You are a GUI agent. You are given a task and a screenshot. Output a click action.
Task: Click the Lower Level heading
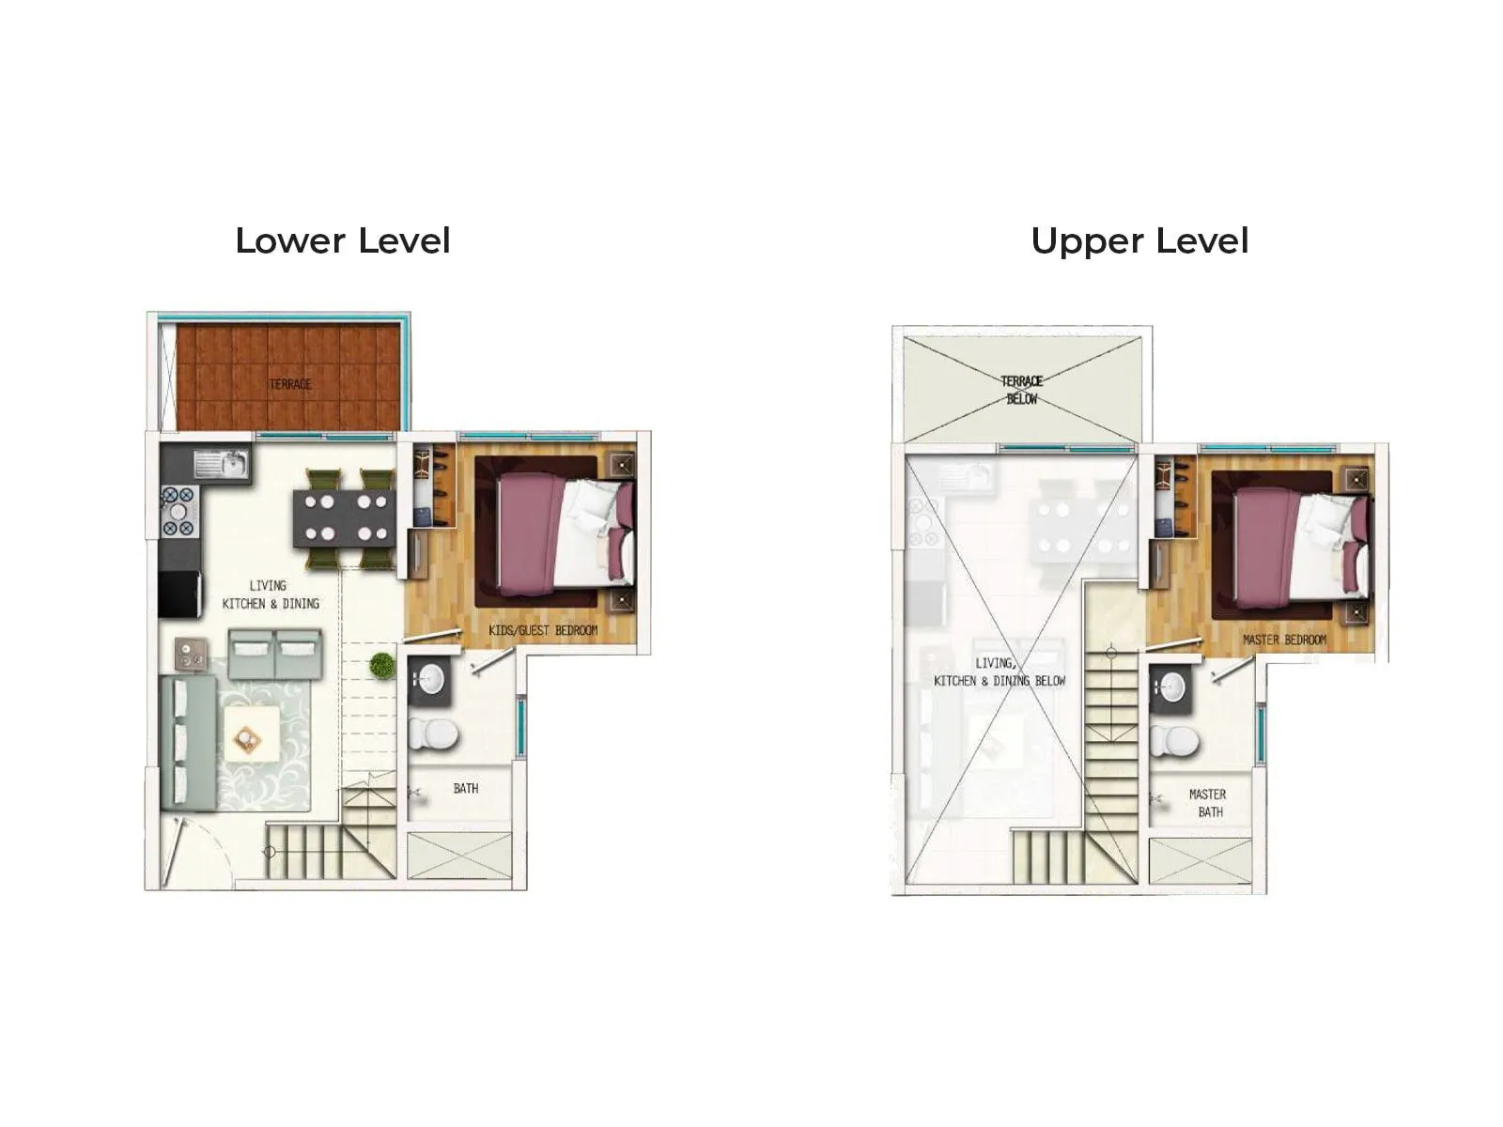point(343,241)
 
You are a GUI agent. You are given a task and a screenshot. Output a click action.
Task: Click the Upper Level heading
point(1139,241)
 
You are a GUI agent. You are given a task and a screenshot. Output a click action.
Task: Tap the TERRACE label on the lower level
point(290,384)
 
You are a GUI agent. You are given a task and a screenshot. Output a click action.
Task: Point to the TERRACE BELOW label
point(1022,390)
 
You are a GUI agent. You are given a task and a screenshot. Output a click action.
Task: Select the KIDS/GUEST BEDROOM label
point(543,630)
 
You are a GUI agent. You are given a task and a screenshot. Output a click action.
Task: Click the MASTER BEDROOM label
point(1284,640)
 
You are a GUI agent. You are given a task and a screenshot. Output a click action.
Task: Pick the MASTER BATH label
point(1208,803)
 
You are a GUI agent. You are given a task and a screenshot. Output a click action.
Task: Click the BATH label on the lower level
point(466,789)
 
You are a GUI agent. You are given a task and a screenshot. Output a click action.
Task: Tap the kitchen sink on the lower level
point(223,463)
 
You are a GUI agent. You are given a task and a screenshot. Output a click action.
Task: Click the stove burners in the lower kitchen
point(178,513)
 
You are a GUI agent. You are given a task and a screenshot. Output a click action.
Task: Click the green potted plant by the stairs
point(381,665)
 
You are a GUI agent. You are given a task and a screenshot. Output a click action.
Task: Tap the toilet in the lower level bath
point(432,733)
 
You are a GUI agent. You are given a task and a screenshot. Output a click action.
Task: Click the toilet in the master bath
point(1174,741)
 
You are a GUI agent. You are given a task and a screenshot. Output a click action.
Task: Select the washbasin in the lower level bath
point(431,681)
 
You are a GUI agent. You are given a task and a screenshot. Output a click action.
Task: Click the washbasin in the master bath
point(1172,687)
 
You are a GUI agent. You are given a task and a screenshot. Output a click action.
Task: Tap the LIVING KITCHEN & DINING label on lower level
point(270,594)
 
